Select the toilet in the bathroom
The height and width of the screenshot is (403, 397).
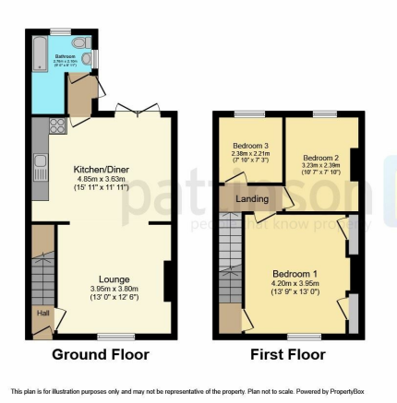[78, 42]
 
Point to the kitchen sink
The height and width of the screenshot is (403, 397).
[40, 168]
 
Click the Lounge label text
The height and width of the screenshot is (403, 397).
[114, 279]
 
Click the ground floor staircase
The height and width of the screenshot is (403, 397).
[42, 273]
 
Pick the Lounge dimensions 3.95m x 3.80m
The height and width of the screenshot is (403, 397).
[114, 288]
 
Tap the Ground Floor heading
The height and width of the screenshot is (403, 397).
[101, 354]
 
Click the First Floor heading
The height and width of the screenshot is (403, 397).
[287, 354]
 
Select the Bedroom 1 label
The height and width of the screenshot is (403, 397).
[295, 274]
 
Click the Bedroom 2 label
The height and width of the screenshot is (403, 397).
[321, 157]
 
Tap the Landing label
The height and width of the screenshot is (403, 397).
[252, 198]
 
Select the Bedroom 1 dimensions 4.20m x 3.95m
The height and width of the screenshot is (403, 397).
[295, 283]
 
